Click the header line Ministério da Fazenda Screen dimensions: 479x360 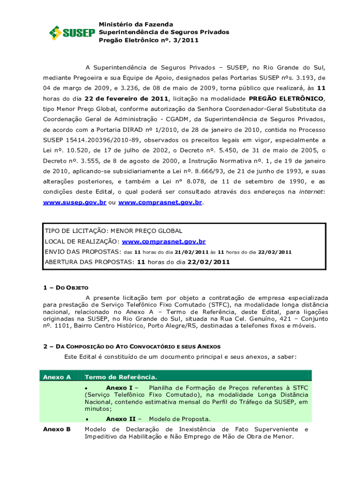click(136, 24)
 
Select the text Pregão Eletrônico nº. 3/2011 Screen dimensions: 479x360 click(149, 40)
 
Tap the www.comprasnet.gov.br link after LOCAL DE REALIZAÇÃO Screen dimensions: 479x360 click(164, 242)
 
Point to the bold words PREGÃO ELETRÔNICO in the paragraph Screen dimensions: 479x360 click(286, 99)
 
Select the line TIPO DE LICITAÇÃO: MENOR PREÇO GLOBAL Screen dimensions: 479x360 click(113, 231)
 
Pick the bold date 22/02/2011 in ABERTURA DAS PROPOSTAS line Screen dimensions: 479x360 click(209, 262)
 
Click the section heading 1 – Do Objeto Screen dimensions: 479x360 click(65, 288)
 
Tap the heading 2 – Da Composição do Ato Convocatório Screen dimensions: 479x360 click(132, 347)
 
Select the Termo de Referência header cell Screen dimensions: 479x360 click(121, 377)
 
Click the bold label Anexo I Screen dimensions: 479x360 click(119, 388)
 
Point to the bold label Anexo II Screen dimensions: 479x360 click(121, 419)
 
